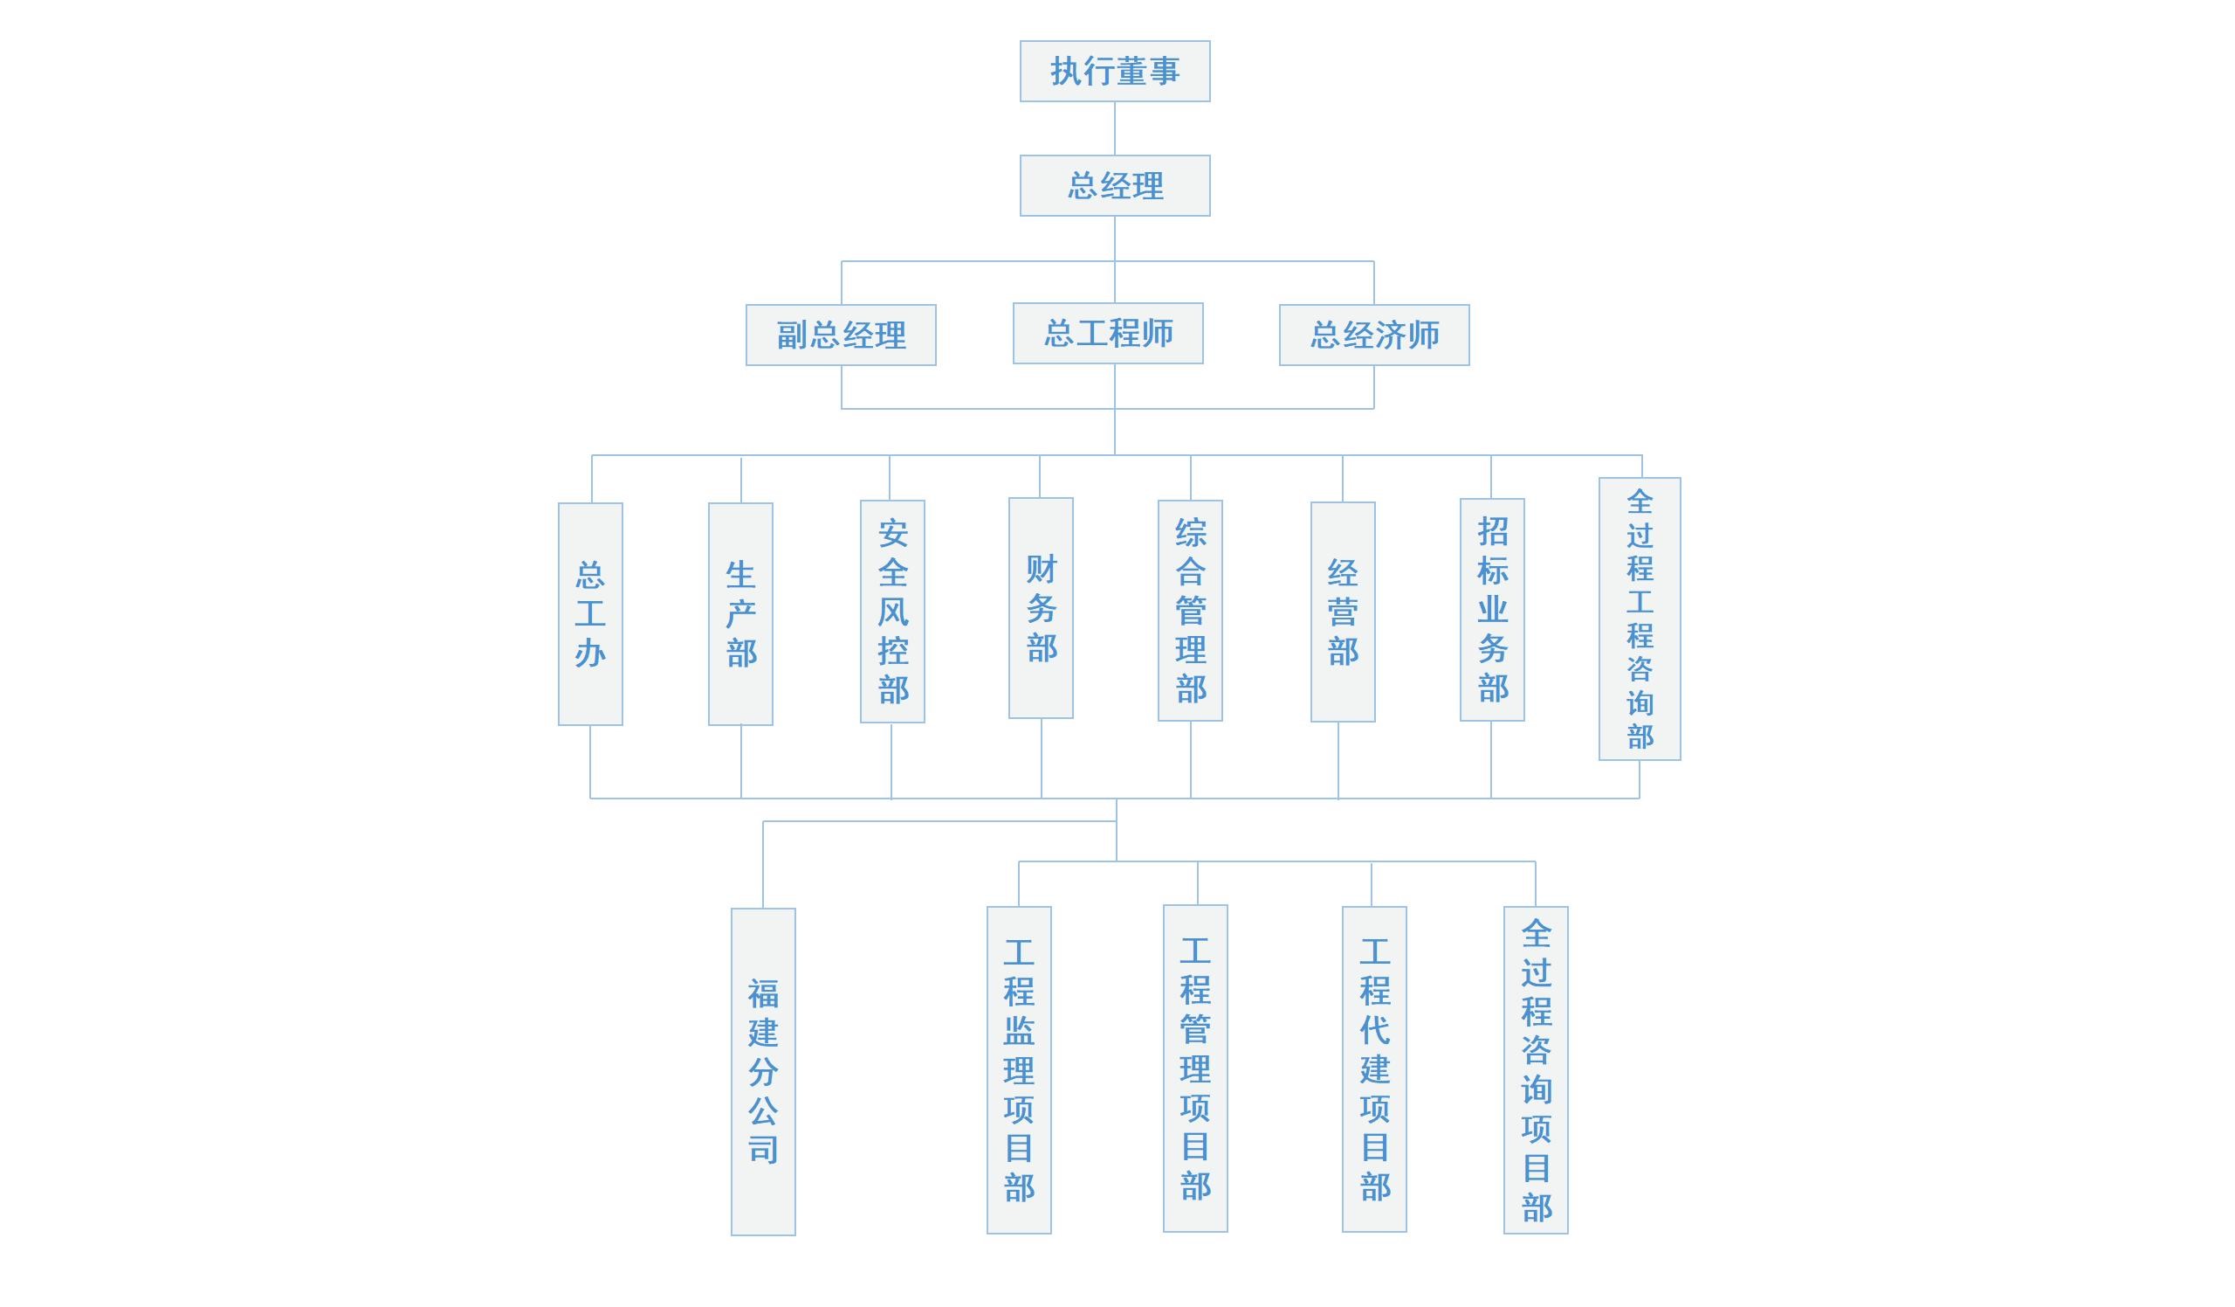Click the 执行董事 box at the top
1114,71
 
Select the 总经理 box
1114,185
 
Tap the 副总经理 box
841,335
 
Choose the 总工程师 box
1108,333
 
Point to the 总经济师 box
1374,335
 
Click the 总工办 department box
590,614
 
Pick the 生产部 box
740,614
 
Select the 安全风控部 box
892,612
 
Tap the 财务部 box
1041,608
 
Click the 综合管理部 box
1189,611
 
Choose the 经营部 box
1343,612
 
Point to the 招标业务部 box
1492,610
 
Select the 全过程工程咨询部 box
1639,619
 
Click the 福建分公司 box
763,1071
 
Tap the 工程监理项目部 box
1018,1069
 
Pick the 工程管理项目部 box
1194,1068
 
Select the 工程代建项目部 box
1374,1068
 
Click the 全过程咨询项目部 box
1535,1069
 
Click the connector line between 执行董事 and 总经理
1114,128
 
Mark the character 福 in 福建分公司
763,993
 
